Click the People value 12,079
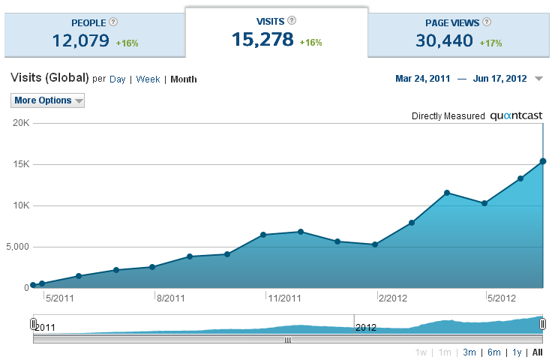(x=80, y=40)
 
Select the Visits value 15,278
(x=262, y=40)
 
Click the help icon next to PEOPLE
(x=113, y=22)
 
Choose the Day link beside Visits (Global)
(x=118, y=79)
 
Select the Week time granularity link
(x=148, y=79)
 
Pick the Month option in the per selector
(x=184, y=79)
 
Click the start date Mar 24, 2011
(x=422, y=79)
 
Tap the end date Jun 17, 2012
(x=500, y=79)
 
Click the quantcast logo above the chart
(x=516, y=116)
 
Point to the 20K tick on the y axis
(x=20, y=123)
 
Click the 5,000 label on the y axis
(x=16, y=247)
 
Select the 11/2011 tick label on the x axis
(x=284, y=298)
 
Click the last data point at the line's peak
(x=543, y=161)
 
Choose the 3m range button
(x=469, y=352)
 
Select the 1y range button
(x=517, y=352)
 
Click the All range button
(x=537, y=352)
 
